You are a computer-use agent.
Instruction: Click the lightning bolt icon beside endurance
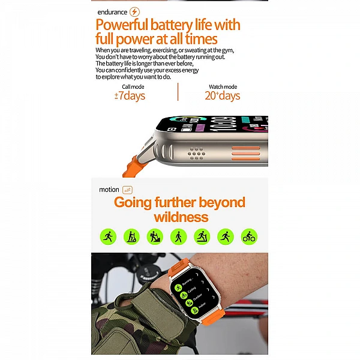tap(135, 11)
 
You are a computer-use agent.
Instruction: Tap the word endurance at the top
tap(113, 12)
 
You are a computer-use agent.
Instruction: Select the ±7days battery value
tap(130, 96)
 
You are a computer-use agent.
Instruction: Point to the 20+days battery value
tap(222, 96)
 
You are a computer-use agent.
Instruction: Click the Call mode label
tap(133, 87)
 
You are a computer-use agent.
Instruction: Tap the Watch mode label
tap(223, 87)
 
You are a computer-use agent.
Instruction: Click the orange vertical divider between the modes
tap(178, 92)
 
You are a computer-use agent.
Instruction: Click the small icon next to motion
tap(128, 190)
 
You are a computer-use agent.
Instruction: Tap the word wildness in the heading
tap(181, 217)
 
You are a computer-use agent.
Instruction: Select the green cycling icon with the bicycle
tap(249, 236)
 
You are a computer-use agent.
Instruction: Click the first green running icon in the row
tap(108, 236)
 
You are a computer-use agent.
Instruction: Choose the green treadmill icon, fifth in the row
tap(202, 236)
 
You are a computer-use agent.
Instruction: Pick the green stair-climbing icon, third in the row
tap(155, 236)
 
